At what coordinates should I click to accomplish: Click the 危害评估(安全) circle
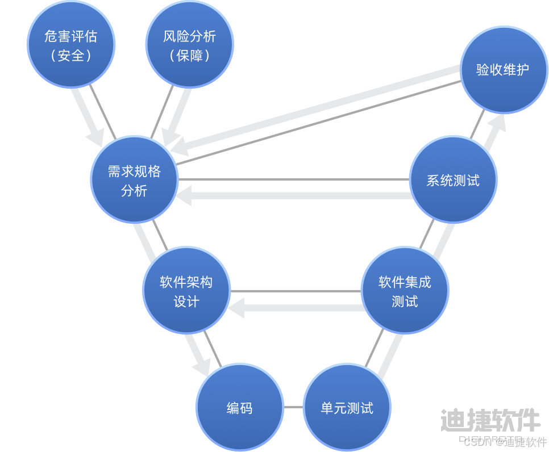pyautogui.click(x=71, y=45)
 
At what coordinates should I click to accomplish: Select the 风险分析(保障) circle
pyautogui.click(x=190, y=45)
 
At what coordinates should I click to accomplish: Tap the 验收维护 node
pyautogui.click(x=503, y=70)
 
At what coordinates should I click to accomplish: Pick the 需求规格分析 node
pyautogui.click(x=135, y=180)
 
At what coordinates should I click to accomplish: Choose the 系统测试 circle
pyautogui.click(x=453, y=180)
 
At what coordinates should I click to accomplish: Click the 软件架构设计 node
pyautogui.click(x=186, y=290)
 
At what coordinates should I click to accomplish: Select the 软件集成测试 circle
pyautogui.click(x=405, y=290)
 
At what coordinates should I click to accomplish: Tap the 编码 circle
pyautogui.click(x=239, y=408)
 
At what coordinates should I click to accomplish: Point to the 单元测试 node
pyautogui.click(x=347, y=408)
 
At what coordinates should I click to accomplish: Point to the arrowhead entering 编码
pyautogui.click(x=202, y=366)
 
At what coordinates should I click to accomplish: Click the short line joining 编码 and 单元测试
pyautogui.click(x=293, y=408)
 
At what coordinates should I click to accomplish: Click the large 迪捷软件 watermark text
pyautogui.click(x=490, y=420)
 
